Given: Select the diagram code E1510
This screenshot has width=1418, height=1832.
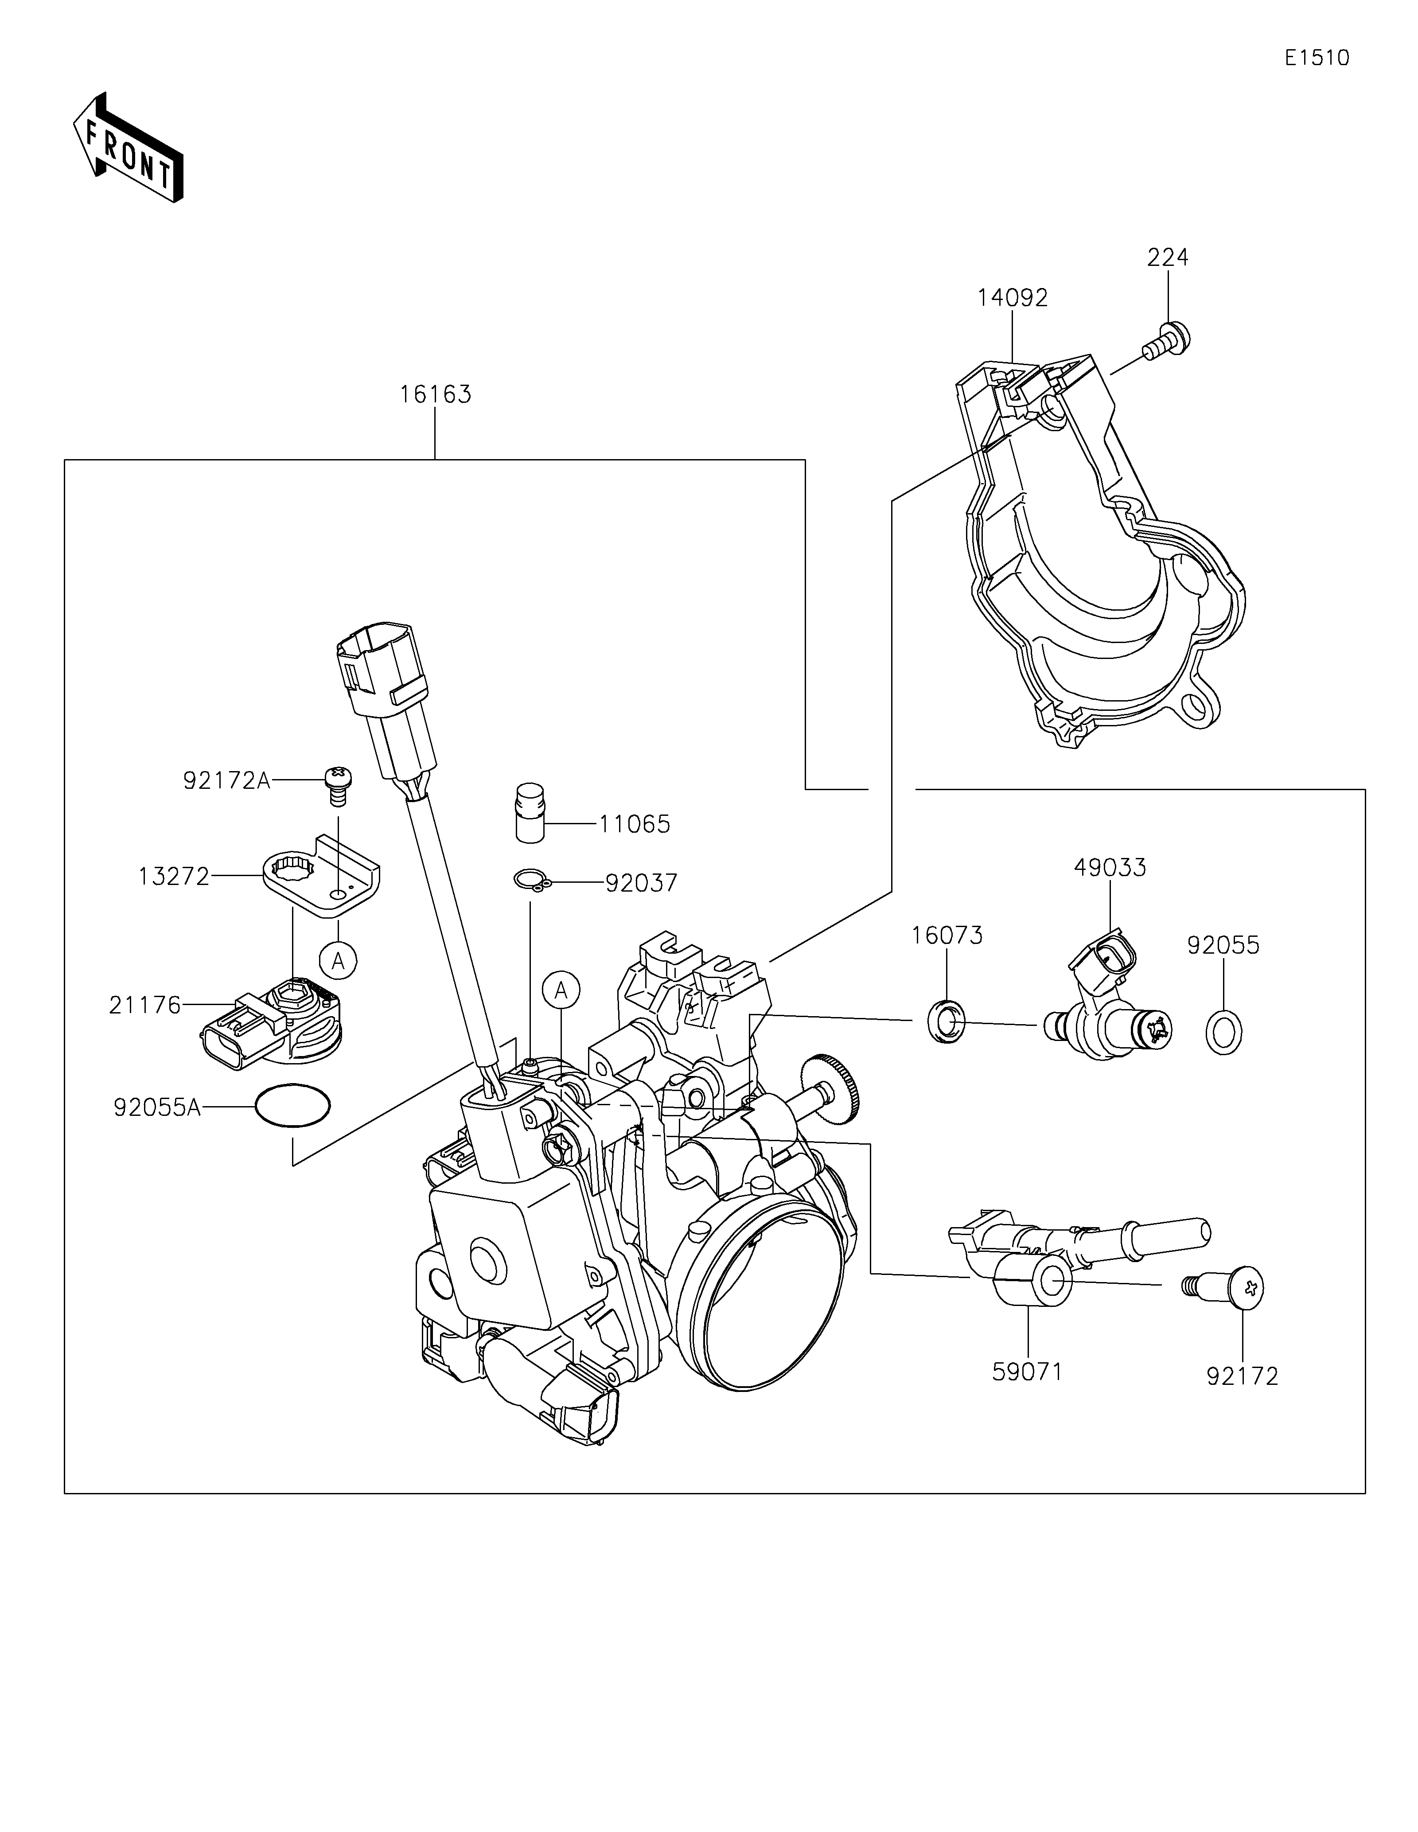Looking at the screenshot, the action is [x=1317, y=58].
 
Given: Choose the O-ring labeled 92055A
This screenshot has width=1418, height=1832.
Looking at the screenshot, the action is [x=292, y=1107].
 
